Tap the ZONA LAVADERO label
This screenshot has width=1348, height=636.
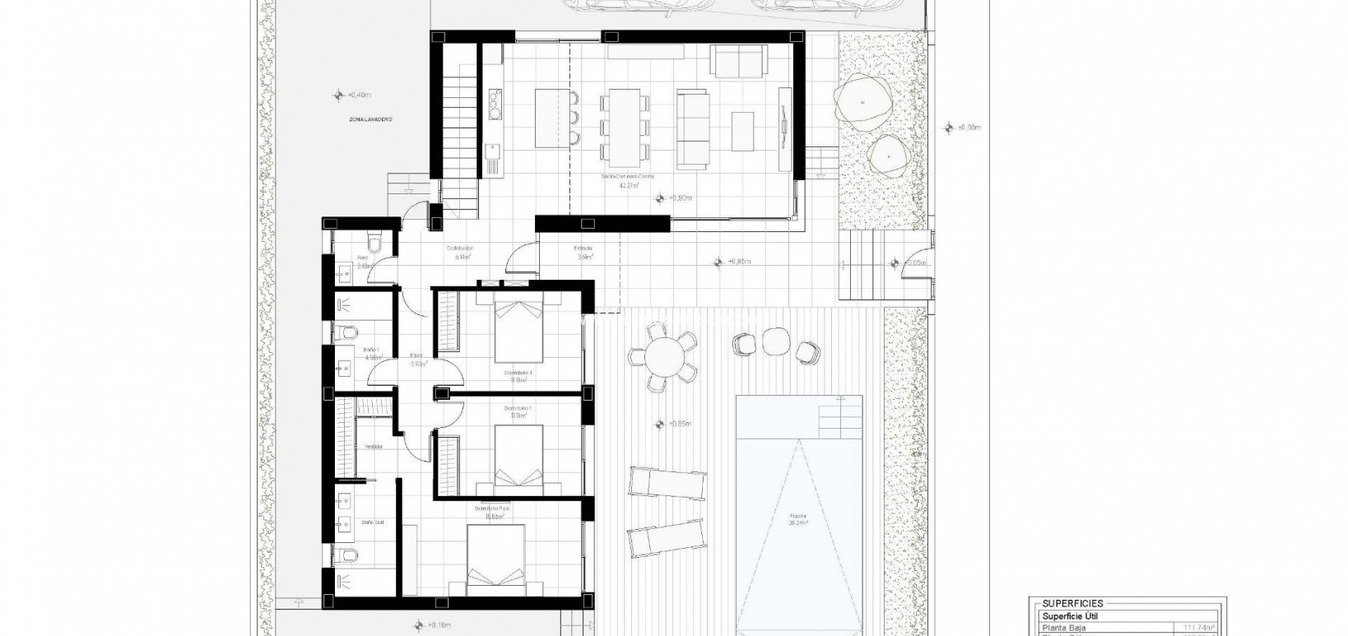(x=370, y=120)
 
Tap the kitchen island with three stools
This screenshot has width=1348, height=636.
(x=550, y=115)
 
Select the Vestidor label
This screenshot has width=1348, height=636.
(x=372, y=447)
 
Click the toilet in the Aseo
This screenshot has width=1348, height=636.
(x=375, y=243)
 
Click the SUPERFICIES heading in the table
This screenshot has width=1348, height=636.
(x=1072, y=603)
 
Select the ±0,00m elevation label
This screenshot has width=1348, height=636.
(x=970, y=128)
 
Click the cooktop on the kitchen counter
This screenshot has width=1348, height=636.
(x=494, y=103)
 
